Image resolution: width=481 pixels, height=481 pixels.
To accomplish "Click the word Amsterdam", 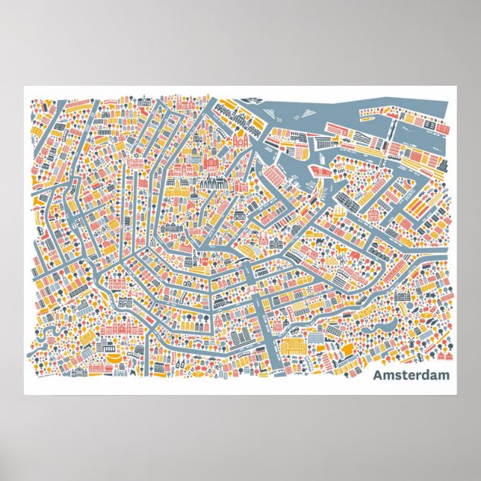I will [x=411, y=375].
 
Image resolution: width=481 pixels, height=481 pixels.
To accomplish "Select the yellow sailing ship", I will [x=341, y=211].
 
